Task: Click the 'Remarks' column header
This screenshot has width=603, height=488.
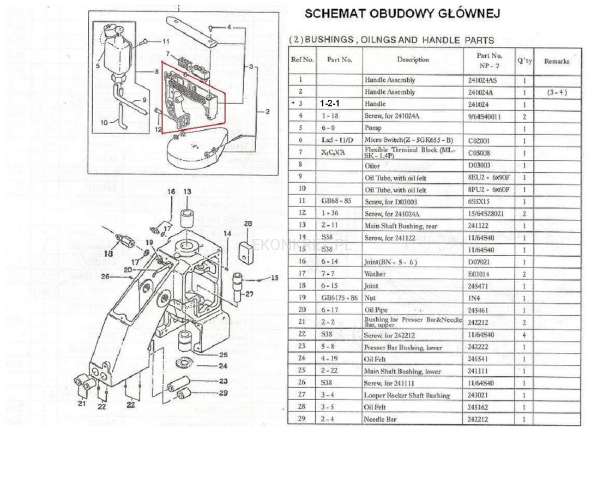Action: tap(556, 62)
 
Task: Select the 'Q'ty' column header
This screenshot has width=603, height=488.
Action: tap(524, 61)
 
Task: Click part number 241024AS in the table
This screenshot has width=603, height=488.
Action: tap(484, 80)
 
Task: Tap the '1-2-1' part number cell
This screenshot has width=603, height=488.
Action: tap(330, 104)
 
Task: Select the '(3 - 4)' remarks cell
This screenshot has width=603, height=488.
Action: tap(556, 92)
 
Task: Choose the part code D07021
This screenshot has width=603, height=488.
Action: tap(479, 262)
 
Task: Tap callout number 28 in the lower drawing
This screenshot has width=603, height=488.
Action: tap(248, 224)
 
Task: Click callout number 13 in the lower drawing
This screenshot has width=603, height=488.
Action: tap(188, 191)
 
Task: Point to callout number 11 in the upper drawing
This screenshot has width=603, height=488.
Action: tap(166, 41)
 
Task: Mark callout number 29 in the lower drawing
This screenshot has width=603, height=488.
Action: tap(223, 393)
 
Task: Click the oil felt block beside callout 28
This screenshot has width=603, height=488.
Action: tap(246, 251)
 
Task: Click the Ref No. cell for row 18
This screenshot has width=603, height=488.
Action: tap(300, 286)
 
